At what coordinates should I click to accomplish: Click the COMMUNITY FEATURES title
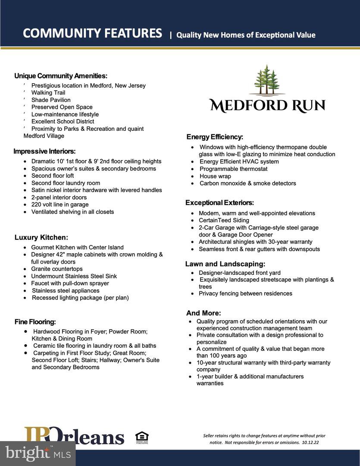pyautogui.click(x=92, y=33)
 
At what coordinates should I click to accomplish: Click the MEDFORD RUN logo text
pyautogui.click(x=267, y=105)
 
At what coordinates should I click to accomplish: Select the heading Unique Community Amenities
pyautogui.click(x=61, y=76)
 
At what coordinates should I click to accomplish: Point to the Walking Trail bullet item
pyautogui.click(x=48, y=93)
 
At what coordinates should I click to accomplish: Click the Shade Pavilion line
pyautogui.click(x=51, y=100)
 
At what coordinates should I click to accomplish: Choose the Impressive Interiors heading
pyautogui.click(x=44, y=151)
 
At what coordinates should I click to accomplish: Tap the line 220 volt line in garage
pyautogui.click(x=60, y=205)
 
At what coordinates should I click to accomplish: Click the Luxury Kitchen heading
pyautogui.click(x=41, y=237)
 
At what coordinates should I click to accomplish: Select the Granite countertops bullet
pyautogui.click(x=57, y=269)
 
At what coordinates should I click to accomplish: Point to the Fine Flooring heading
pyautogui.click(x=35, y=322)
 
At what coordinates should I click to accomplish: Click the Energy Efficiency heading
pyautogui.click(x=215, y=137)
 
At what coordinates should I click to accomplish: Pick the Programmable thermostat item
pyautogui.click(x=233, y=169)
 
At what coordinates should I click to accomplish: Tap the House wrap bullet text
pyautogui.click(x=215, y=176)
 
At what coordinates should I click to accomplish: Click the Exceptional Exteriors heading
pyautogui.click(x=219, y=203)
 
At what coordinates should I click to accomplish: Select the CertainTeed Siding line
pyautogui.click(x=224, y=220)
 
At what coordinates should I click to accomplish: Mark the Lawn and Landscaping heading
pyautogui.click(x=225, y=264)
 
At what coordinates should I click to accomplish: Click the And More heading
pyautogui.click(x=203, y=313)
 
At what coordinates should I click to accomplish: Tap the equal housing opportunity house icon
pyautogui.click(x=141, y=437)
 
